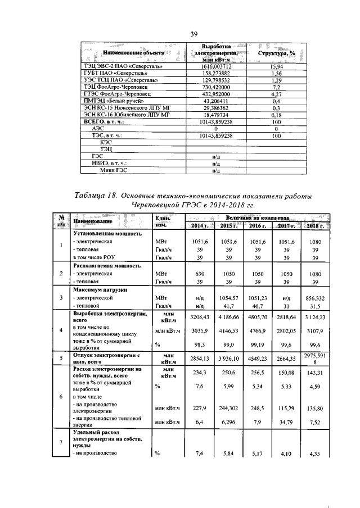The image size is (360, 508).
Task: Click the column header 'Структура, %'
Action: [x=276, y=52]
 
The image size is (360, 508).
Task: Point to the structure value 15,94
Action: [x=276, y=66]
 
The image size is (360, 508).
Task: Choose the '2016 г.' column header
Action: [x=257, y=225]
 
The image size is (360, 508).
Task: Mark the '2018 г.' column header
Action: [x=315, y=225]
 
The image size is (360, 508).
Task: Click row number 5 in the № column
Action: [x=60, y=358]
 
